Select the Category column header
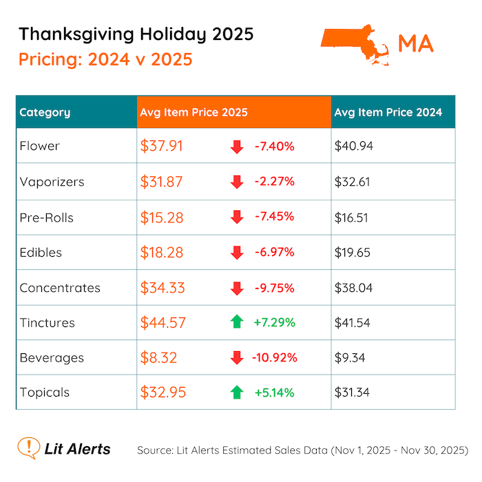tap(45, 112)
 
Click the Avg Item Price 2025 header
tap(193, 112)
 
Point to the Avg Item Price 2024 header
tap(388, 112)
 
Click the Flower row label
tap(40, 146)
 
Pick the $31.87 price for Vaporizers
tap(163, 182)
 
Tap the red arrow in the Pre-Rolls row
tap(237, 217)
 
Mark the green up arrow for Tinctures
tap(237, 323)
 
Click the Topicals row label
tap(45, 392)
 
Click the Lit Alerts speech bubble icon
tap(28, 448)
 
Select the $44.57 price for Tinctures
tap(163, 323)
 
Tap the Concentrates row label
tap(60, 288)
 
